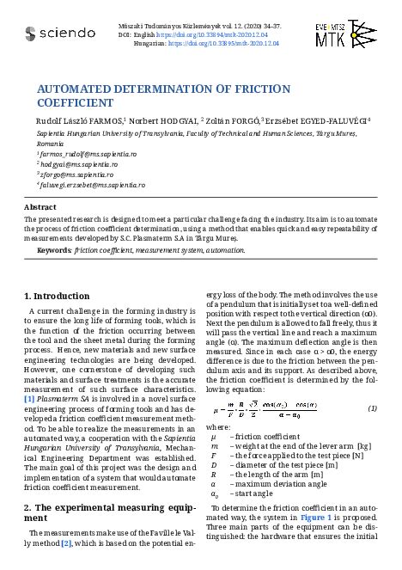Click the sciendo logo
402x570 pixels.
[59, 34]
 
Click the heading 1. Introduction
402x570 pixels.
[56, 296]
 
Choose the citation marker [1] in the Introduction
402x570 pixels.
[28, 401]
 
